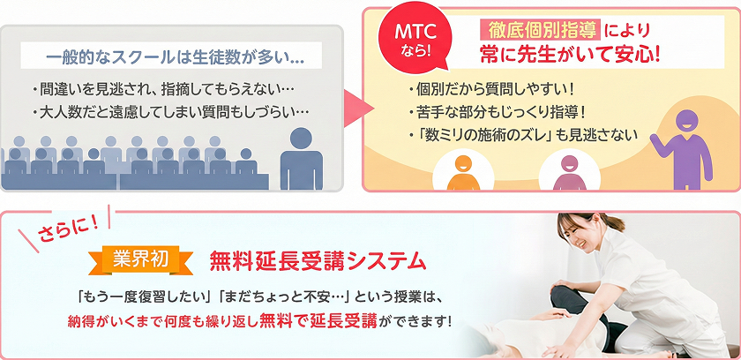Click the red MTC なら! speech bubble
[408, 41]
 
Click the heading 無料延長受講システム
[318, 261]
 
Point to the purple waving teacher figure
[681, 145]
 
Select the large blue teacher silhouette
[302, 159]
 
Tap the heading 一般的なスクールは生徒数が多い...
[174, 58]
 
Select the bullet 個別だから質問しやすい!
[491, 90]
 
